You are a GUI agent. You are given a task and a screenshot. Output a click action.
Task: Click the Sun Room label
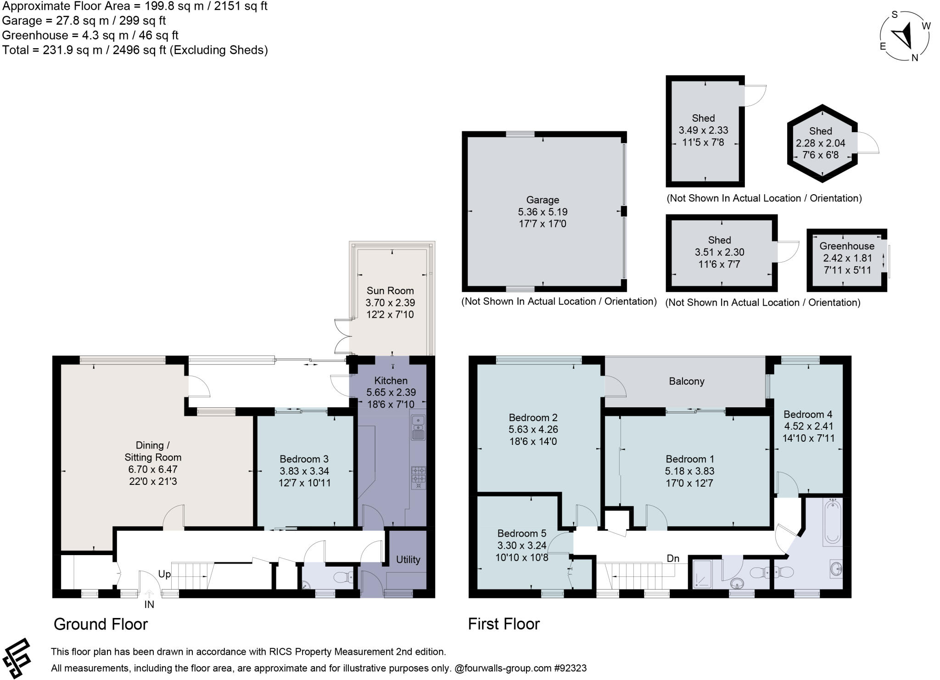[x=390, y=291]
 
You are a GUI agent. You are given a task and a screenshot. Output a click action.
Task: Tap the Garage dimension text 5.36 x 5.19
[x=543, y=212]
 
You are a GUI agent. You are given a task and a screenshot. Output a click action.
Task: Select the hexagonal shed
[x=822, y=143]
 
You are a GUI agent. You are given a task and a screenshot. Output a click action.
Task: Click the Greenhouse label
[x=847, y=246]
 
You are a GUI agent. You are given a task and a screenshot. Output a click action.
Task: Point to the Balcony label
[x=686, y=382]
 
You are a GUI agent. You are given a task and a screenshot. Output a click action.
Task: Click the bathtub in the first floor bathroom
[x=833, y=522]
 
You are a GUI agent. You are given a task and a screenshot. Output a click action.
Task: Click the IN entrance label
[x=149, y=605]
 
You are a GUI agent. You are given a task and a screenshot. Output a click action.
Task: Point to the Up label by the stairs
[x=164, y=574]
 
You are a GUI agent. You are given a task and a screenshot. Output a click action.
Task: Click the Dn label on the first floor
[x=673, y=559]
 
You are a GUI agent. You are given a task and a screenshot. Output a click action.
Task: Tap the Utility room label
[x=408, y=559]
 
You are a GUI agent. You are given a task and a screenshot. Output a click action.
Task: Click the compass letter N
[x=914, y=58]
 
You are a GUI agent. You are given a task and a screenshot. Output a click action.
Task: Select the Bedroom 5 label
[x=522, y=534]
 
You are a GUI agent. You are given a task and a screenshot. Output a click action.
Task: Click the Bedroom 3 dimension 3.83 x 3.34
[x=304, y=471]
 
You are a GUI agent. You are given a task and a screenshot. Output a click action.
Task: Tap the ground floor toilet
[x=342, y=577]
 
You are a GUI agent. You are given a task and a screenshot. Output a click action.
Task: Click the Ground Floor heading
[x=101, y=624]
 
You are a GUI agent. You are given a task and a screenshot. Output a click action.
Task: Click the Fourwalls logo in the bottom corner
[x=17, y=658]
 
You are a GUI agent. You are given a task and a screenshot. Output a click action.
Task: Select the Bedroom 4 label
[x=808, y=414]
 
